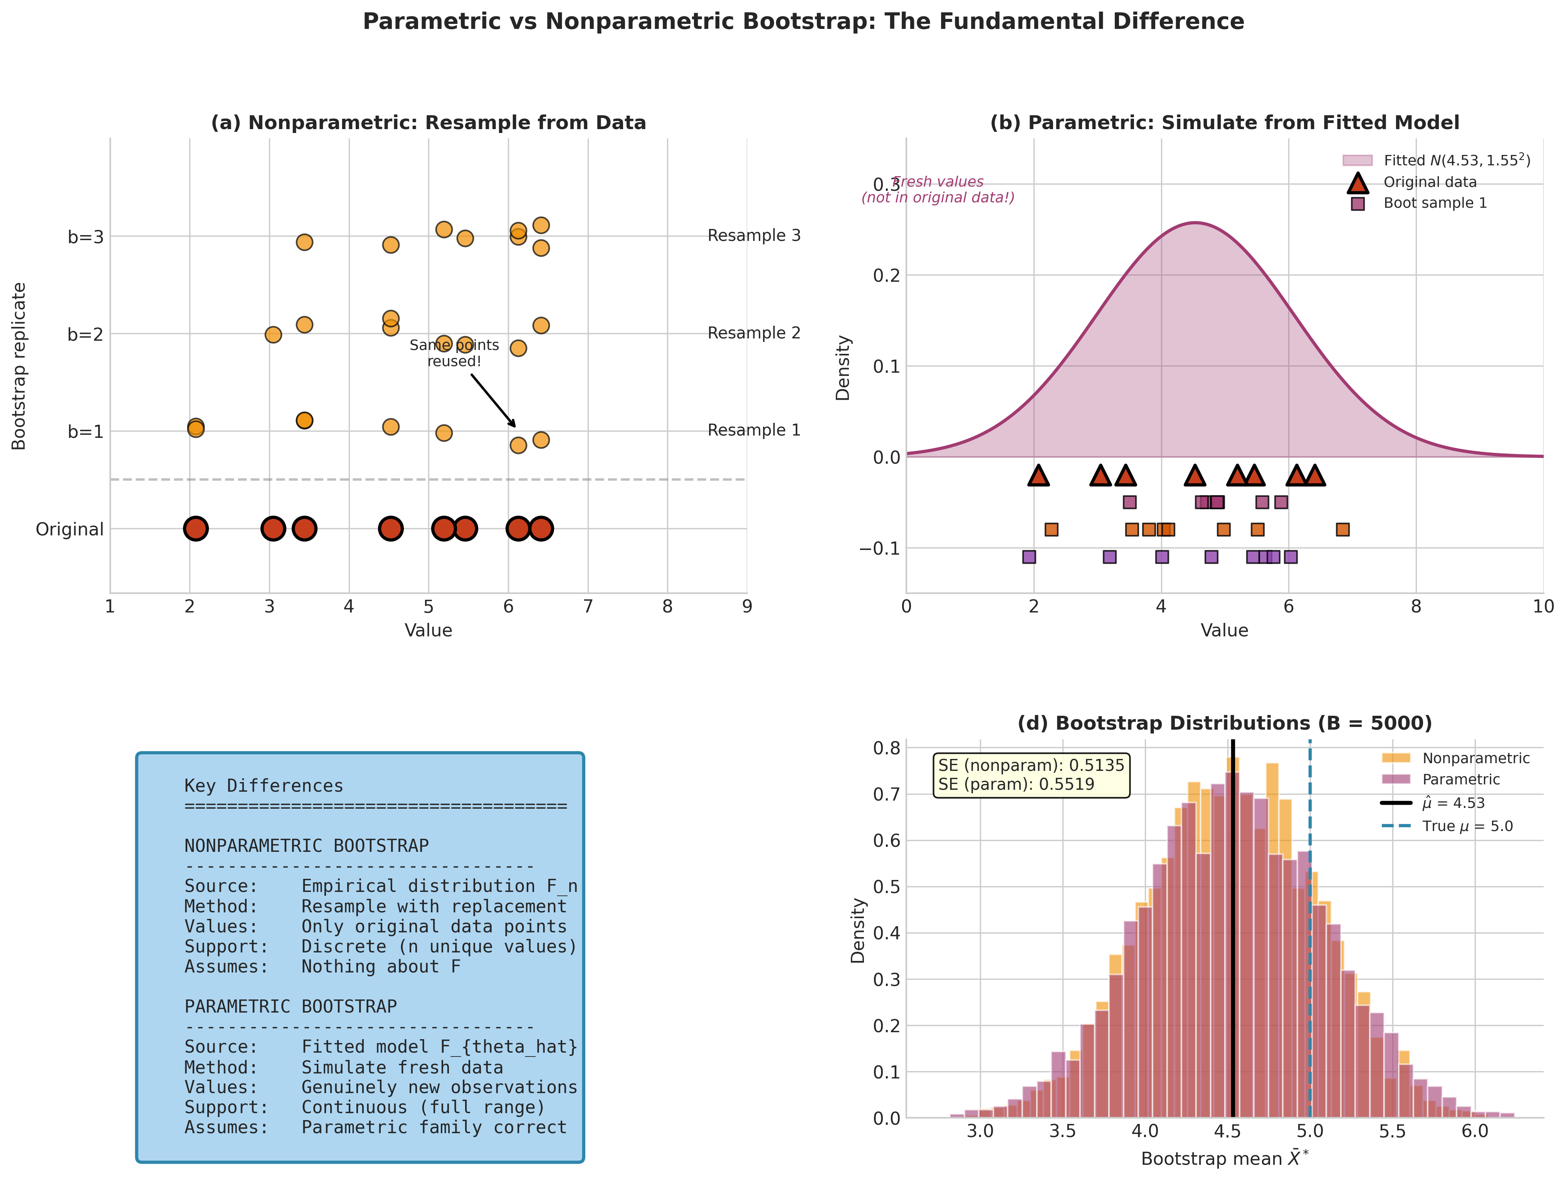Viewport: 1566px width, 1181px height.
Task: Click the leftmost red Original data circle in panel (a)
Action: tap(195, 528)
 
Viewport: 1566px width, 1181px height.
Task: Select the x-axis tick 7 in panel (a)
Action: tap(588, 607)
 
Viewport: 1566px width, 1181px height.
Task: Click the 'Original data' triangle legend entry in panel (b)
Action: tap(1429, 182)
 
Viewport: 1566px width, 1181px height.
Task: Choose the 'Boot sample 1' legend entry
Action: tap(1434, 203)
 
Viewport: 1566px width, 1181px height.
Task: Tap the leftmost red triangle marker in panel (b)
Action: tap(1038, 476)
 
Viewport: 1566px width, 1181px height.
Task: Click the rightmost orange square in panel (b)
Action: tap(1342, 530)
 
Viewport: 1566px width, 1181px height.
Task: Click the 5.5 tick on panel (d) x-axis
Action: tap(1392, 1131)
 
